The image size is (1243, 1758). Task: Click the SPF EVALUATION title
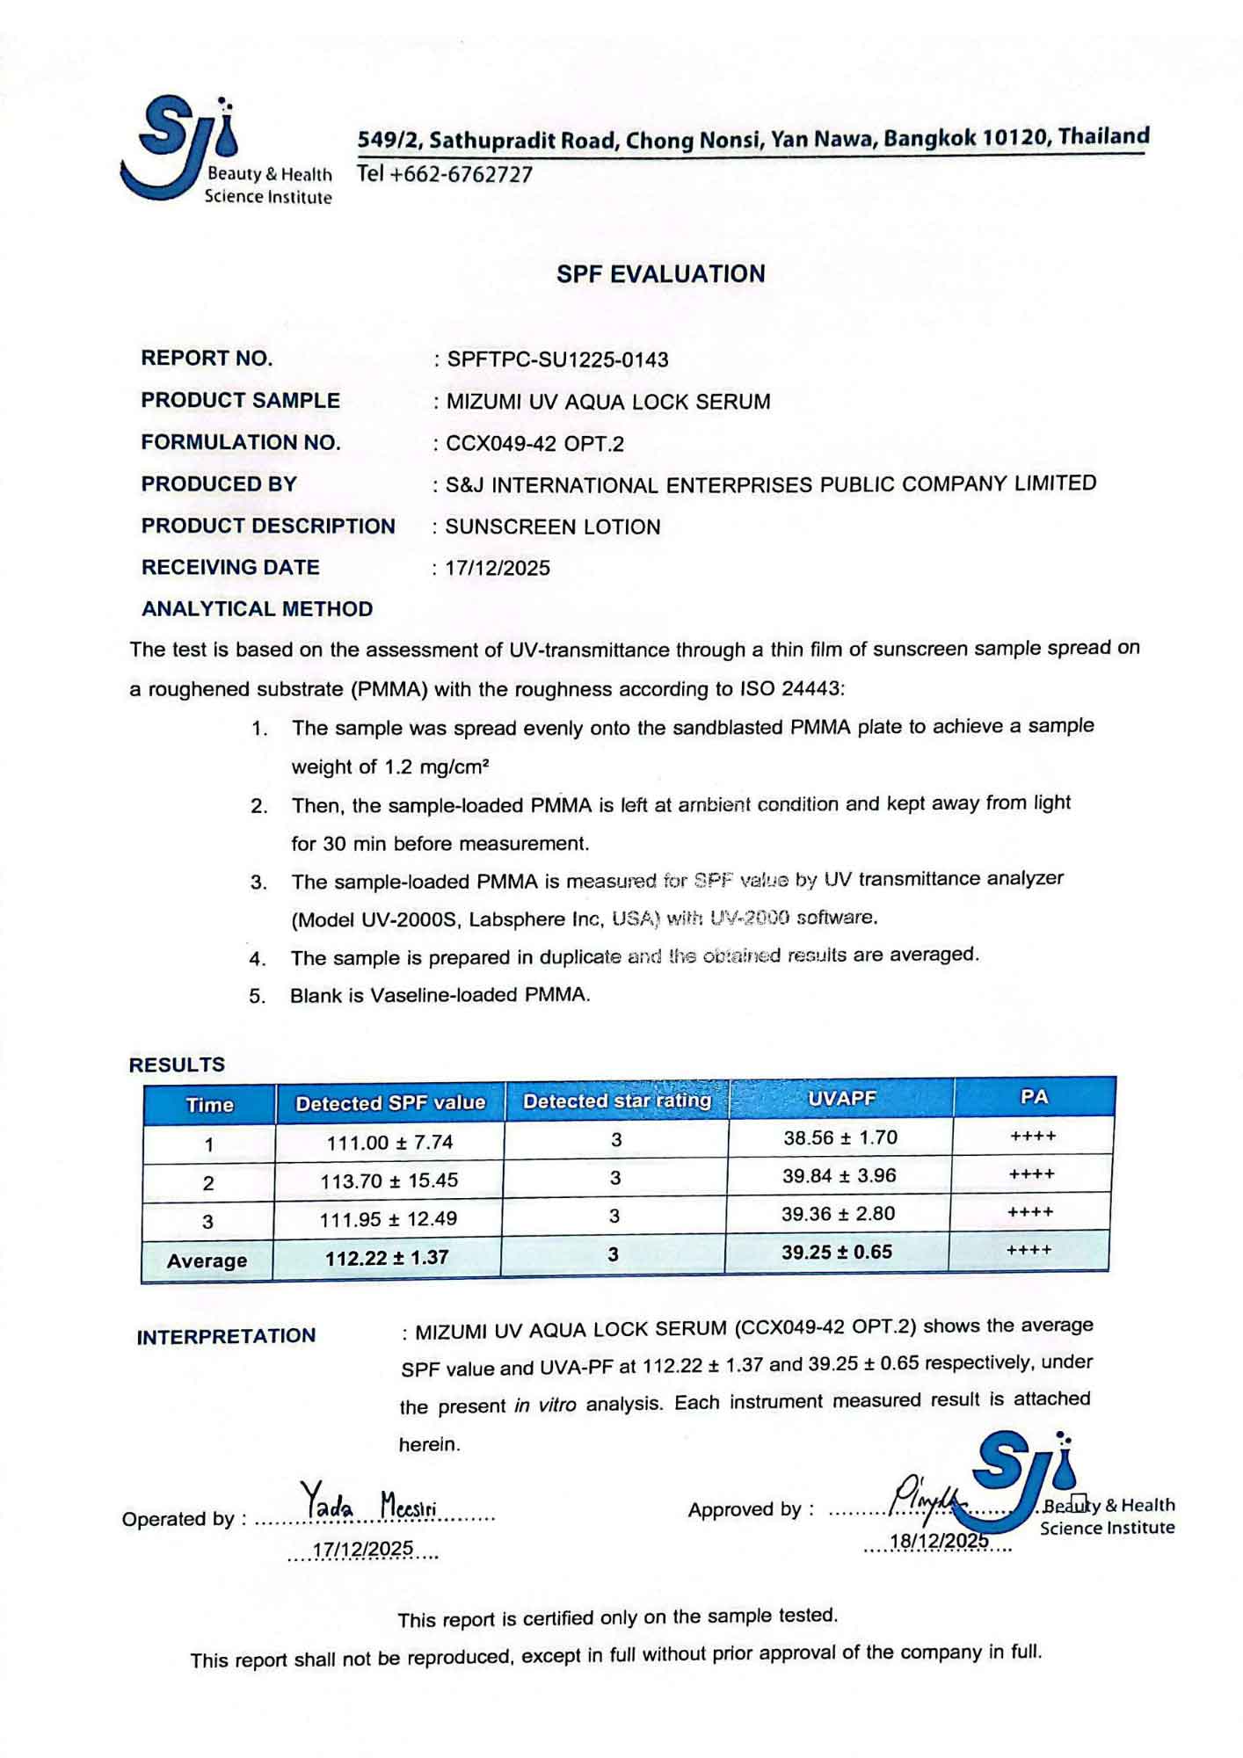point(660,274)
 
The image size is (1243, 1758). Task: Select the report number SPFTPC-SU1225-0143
point(557,360)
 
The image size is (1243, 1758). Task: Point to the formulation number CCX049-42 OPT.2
point(534,444)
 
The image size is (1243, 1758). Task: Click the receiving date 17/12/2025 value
point(498,568)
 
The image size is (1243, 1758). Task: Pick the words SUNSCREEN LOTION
point(553,527)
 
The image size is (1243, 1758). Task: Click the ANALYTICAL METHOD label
point(257,609)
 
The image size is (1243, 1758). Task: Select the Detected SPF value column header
point(390,1103)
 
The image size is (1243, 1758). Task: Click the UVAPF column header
point(841,1099)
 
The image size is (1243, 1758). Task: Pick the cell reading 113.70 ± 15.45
point(389,1180)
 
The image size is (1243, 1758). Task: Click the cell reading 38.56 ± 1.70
point(840,1137)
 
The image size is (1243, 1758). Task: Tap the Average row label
point(207,1260)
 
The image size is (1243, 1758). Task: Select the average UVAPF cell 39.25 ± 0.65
point(837,1252)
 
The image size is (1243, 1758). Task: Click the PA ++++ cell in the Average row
point(1029,1249)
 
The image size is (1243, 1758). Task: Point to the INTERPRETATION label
point(226,1336)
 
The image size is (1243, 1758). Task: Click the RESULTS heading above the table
point(177,1064)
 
